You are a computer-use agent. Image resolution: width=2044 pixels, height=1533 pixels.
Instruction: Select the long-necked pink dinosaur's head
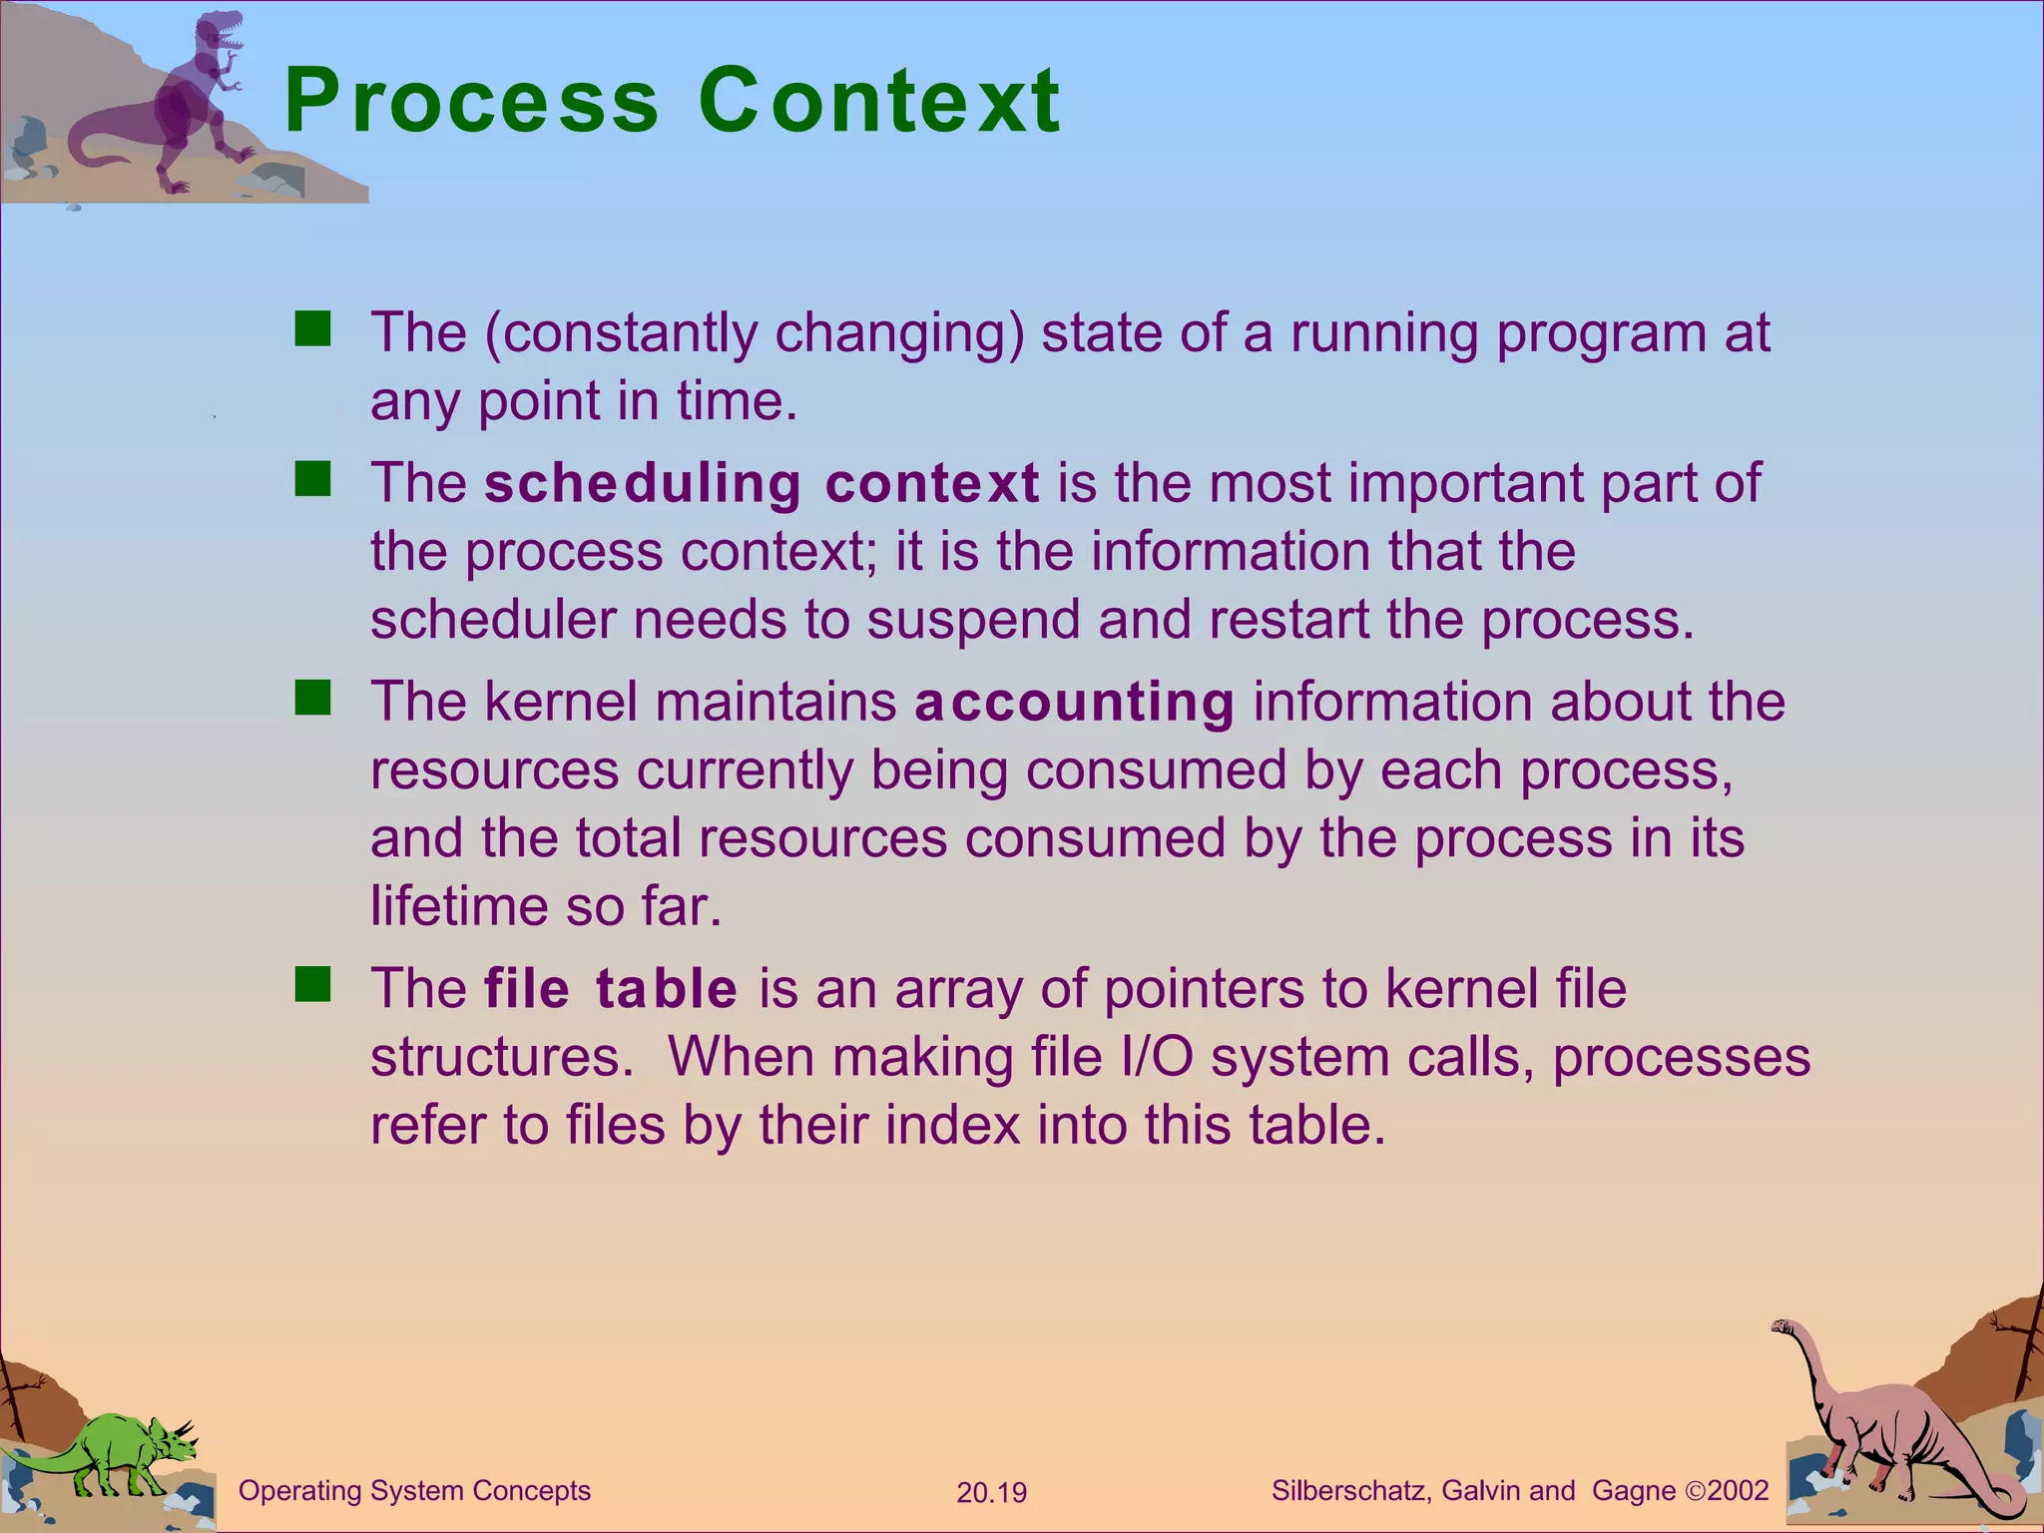pos(1784,1327)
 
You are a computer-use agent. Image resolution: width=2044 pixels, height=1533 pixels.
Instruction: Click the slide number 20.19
pos(991,1493)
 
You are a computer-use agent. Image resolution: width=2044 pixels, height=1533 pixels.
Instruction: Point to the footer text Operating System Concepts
pos(414,1491)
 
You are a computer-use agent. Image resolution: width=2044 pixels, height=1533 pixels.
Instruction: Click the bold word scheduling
pos(643,483)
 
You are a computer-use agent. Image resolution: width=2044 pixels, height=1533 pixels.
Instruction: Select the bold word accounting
pos(1074,702)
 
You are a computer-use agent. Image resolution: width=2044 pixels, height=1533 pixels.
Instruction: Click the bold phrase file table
pos(611,988)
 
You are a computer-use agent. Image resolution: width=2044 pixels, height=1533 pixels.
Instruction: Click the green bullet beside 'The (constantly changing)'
pos(312,328)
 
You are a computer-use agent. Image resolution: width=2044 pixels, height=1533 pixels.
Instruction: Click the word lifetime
pos(458,906)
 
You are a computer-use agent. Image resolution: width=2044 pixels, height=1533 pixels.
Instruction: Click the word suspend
pos(973,620)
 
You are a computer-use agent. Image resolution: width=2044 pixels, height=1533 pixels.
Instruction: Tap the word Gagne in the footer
pos(1634,1491)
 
